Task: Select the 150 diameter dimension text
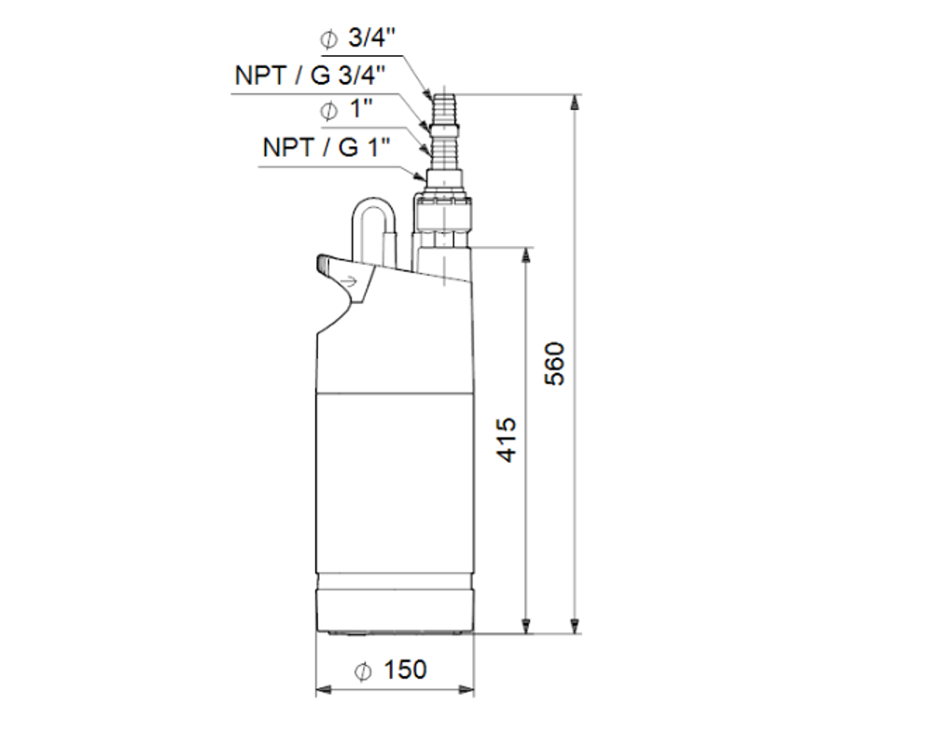(x=403, y=670)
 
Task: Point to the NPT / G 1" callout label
(x=326, y=146)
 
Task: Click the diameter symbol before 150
(x=364, y=671)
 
